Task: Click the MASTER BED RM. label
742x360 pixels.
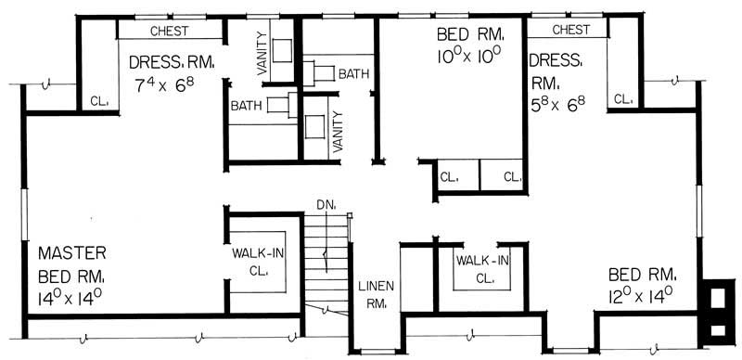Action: coord(72,264)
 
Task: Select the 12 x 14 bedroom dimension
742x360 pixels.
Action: coord(641,298)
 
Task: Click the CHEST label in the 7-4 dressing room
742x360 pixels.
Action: coord(169,31)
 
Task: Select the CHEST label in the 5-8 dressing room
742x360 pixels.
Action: coord(571,30)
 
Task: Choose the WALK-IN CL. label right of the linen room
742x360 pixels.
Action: coord(482,268)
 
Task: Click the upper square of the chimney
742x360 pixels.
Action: coord(717,298)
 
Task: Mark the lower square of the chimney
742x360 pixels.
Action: coord(717,328)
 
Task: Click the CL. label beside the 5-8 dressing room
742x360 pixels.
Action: coord(622,97)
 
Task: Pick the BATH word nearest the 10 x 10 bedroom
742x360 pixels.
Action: coord(353,73)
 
